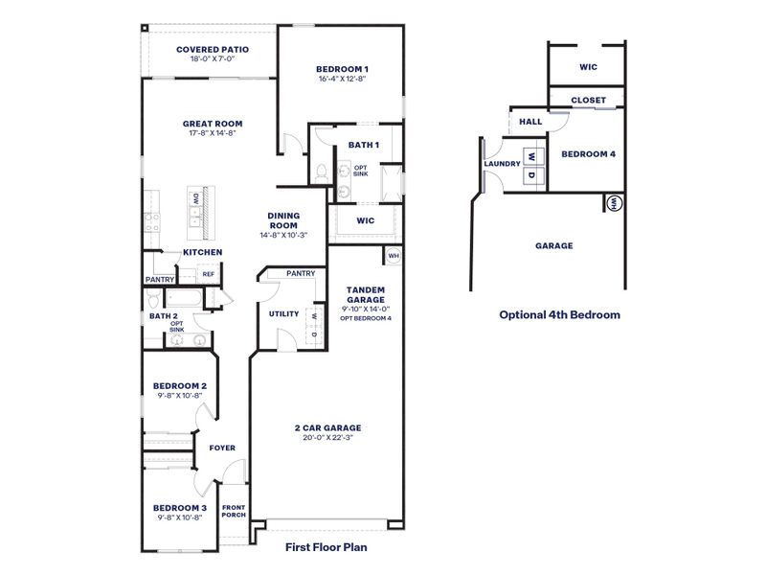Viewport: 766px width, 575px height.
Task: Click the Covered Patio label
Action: point(213,49)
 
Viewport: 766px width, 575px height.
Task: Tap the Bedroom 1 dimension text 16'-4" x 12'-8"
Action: point(343,79)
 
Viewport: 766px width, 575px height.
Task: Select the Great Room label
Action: point(213,124)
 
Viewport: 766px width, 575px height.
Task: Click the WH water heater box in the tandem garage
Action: point(393,256)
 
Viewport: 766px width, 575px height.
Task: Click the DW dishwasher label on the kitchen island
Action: point(195,198)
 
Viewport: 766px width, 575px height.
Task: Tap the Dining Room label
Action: point(283,220)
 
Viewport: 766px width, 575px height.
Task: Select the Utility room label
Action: point(283,313)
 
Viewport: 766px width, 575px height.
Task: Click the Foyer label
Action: point(222,448)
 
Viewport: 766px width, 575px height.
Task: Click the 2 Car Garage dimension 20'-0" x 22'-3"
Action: point(327,438)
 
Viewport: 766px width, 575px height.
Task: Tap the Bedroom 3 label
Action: point(180,507)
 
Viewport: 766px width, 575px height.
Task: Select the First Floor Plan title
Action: point(327,548)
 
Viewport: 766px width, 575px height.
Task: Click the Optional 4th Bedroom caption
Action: point(559,314)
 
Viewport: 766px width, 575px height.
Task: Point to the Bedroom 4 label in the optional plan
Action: point(588,154)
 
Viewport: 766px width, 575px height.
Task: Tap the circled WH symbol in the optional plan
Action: point(614,202)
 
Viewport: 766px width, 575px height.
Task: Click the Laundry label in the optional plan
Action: point(502,164)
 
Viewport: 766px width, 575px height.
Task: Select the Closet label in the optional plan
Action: point(588,100)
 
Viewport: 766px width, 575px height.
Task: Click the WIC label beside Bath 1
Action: point(363,220)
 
